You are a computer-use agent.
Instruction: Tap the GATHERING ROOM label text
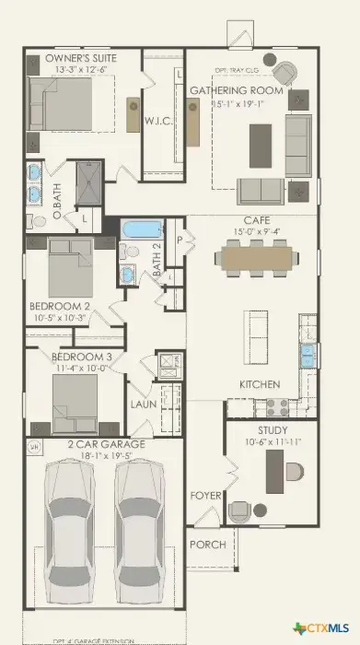pos(235,90)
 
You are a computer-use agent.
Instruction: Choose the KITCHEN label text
pos(260,384)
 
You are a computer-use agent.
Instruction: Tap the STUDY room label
pos(273,430)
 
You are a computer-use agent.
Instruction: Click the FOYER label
pos(205,496)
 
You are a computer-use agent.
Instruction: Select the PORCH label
pos(207,545)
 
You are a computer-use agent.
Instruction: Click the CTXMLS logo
pos(322,627)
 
